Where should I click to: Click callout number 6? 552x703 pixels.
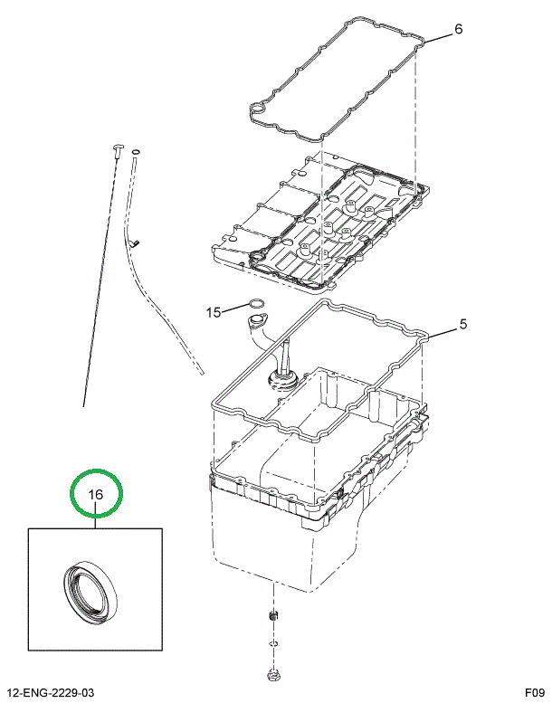pyautogui.click(x=458, y=29)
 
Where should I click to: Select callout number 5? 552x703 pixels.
pyautogui.click(x=462, y=325)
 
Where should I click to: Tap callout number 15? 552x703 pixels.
pyautogui.click(x=213, y=313)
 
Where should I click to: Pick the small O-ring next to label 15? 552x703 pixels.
pyautogui.click(x=256, y=303)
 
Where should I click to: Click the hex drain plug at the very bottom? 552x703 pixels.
pyautogui.click(x=272, y=674)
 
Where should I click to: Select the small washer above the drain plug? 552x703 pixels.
pyautogui.click(x=273, y=644)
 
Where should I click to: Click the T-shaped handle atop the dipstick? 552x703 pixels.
pyautogui.click(x=116, y=147)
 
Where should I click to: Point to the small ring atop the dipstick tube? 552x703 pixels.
pyautogui.click(x=136, y=151)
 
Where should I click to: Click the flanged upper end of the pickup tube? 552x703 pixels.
pyautogui.click(x=258, y=321)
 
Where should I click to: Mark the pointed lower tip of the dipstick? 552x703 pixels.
pyautogui.click(x=85, y=404)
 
